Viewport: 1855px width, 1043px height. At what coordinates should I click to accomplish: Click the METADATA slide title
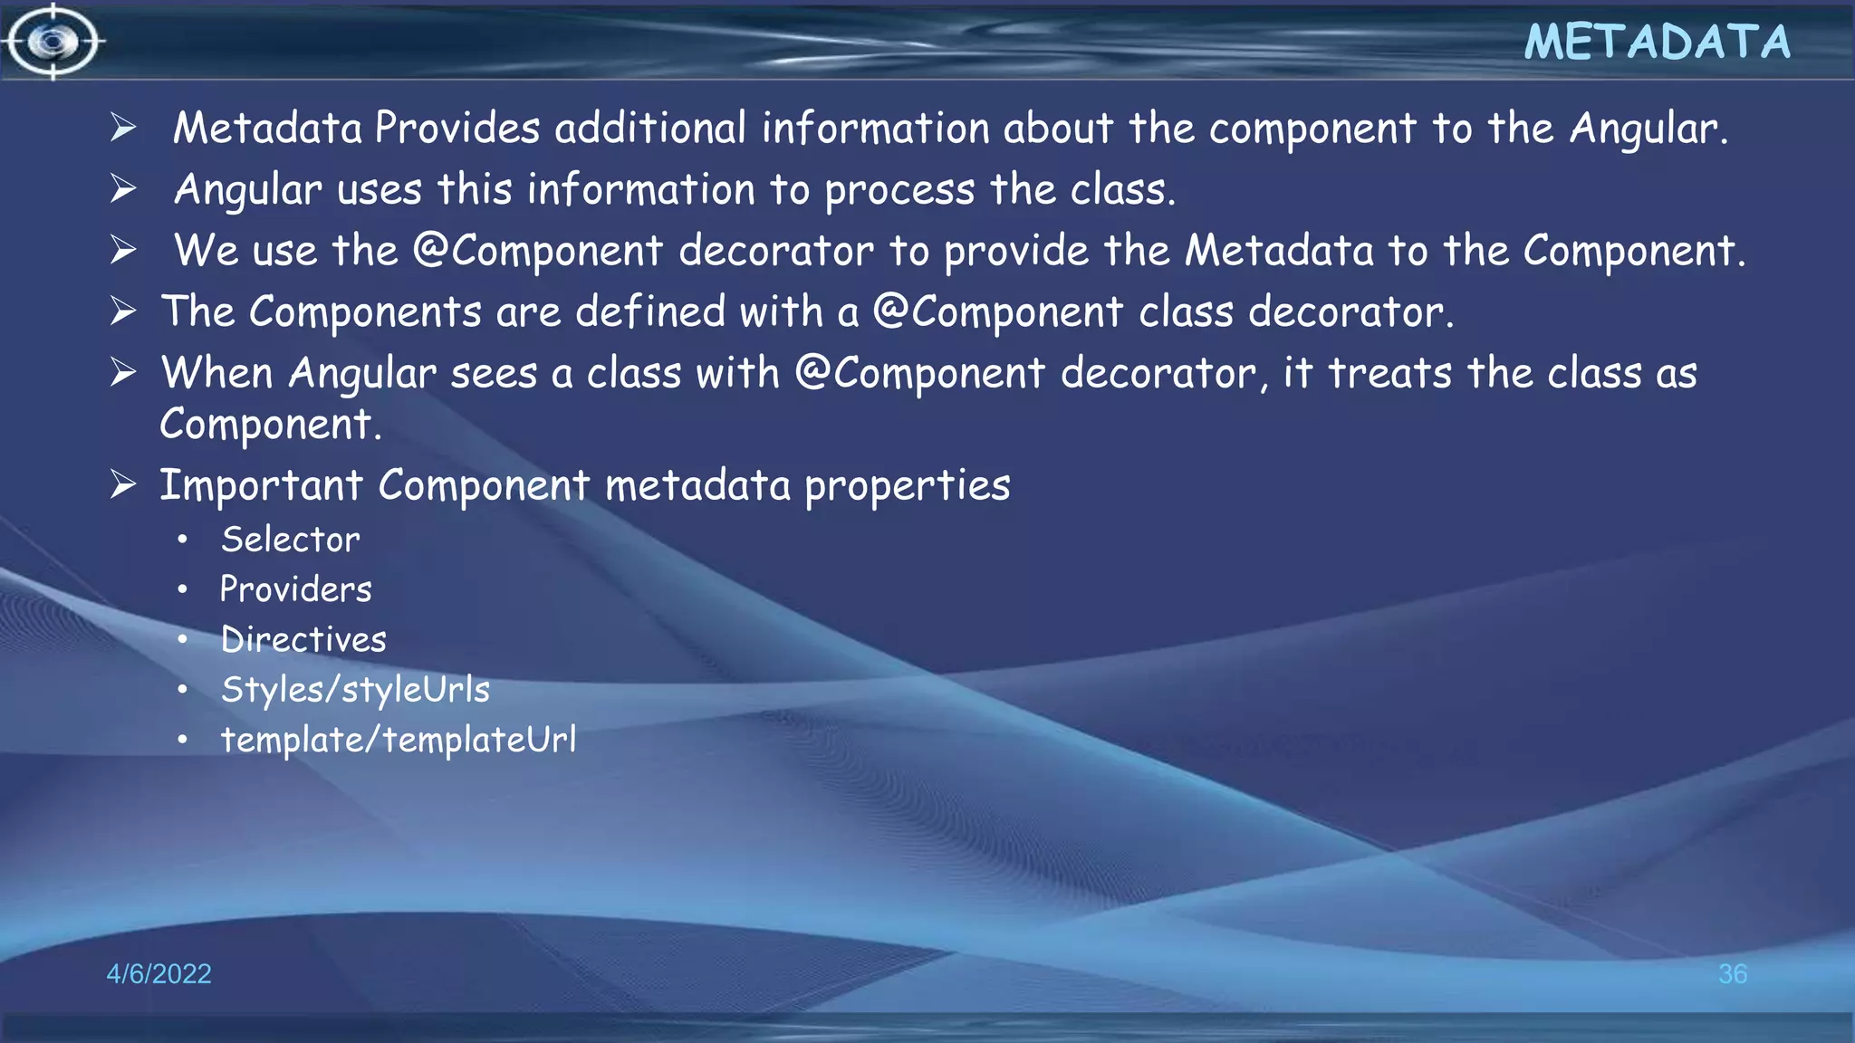[x=1657, y=43]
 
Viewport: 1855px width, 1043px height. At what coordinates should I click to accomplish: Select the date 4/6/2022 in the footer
[x=159, y=973]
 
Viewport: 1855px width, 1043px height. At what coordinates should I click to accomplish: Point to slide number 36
[x=1732, y=973]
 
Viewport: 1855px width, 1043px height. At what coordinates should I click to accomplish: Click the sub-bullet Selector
[x=291, y=540]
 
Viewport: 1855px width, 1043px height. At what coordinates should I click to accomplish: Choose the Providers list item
[x=296, y=589]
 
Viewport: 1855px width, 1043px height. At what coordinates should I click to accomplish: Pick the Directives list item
[x=303, y=639]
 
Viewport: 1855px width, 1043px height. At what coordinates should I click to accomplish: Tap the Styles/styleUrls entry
[x=355, y=690]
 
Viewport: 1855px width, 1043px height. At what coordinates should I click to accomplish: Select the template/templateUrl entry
[x=399, y=740]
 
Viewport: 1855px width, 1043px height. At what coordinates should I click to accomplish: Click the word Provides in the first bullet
[x=457, y=128]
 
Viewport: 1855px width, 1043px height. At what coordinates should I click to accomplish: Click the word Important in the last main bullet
[x=261, y=485]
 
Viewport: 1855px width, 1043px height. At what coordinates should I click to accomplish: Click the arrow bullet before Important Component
[x=123, y=485]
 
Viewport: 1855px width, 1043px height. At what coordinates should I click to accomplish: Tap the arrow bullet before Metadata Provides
[x=123, y=128]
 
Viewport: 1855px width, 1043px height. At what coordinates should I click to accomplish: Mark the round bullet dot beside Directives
[x=183, y=640]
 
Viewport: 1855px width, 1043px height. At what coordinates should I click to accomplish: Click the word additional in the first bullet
[x=650, y=128]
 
